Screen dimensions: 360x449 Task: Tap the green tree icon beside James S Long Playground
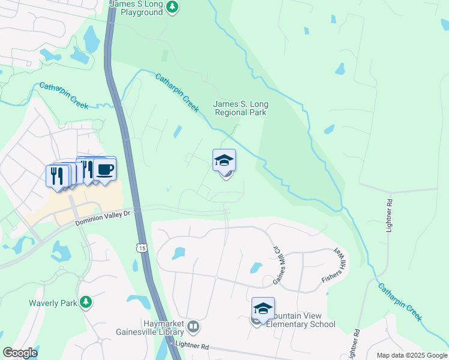click(173, 7)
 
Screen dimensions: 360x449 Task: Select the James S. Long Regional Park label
click(240, 108)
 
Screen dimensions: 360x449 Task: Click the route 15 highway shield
click(142, 247)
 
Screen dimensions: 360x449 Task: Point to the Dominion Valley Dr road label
click(102, 218)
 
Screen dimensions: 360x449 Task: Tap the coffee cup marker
click(104, 170)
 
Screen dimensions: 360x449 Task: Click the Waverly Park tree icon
click(86, 302)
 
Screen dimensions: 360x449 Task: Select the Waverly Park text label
click(53, 303)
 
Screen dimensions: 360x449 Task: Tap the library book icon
click(193, 327)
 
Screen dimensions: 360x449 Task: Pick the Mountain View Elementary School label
click(300, 320)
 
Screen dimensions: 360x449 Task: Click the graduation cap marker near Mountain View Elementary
click(263, 308)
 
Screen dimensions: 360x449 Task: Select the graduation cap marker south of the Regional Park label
click(224, 160)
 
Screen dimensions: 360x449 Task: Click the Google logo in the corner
click(20, 353)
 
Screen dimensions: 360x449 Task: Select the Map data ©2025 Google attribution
click(411, 355)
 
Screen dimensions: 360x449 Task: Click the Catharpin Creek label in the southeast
click(400, 302)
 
